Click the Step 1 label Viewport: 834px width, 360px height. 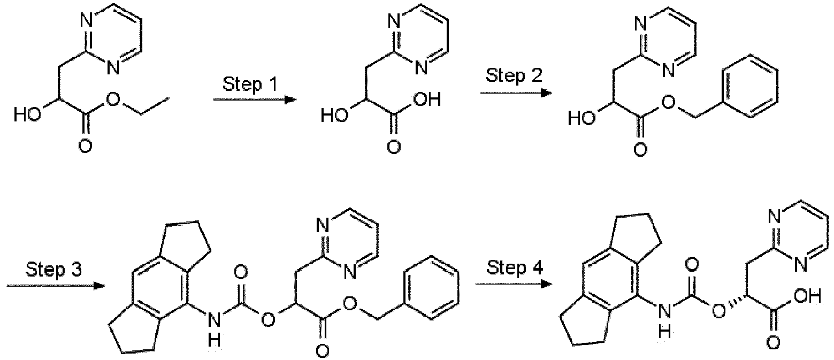pos(250,85)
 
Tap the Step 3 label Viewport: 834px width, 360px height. pos(53,270)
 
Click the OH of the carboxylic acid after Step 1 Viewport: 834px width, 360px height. pos(428,100)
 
